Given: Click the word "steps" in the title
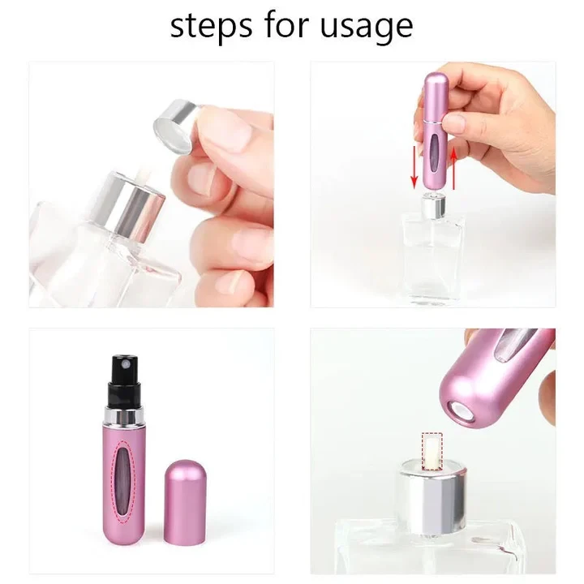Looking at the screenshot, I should click(x=208, y=26).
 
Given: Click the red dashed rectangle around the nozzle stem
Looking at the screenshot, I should click(x=433, y=449).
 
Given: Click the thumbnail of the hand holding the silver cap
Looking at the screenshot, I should click(x=151, y=186).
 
